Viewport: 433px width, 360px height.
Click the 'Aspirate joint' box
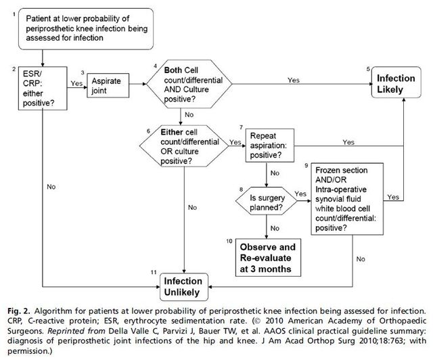coord(108,85)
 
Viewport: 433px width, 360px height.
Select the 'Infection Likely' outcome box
coord(396,83)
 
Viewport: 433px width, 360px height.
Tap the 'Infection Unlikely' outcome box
coord(184,287)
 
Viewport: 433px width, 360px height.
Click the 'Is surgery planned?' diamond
coord(267,201)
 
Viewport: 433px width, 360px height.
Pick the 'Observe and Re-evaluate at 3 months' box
coord(268,258)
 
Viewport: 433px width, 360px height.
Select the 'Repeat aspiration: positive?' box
coord(270,145)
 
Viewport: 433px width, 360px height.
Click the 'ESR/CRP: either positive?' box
coord(43,88)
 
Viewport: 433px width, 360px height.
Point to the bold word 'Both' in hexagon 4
coord(173,70)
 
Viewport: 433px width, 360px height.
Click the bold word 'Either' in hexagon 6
coord(172,132)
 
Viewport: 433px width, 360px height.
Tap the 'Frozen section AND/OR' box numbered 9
coord(347,199)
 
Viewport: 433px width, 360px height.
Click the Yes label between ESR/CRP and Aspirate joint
coord(76,83)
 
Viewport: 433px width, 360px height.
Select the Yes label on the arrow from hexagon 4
coord(293,80)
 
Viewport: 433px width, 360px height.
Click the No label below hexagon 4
coord(189,114)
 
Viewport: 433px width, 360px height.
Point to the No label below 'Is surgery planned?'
coord(275,228)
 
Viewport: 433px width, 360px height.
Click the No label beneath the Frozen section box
coord(361,259)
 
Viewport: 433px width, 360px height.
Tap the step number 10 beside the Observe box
coord(229,241)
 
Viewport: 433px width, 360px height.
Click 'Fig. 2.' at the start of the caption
coord(18,311)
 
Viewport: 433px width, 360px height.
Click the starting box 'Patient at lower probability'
coord(86,28)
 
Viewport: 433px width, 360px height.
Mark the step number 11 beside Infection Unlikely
coord(154,272)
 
